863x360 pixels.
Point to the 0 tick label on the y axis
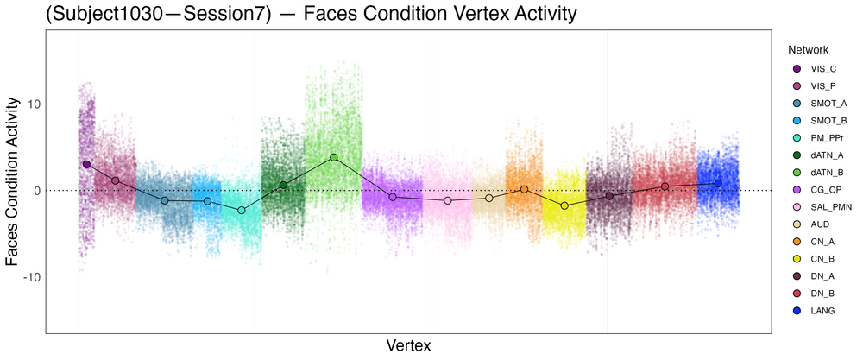point(33,190)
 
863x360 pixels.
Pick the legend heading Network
point(803,50)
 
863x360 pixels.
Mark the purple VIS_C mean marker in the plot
point(86,164)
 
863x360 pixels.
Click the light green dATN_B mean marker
point(334,157)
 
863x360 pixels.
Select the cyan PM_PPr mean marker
point(242,210)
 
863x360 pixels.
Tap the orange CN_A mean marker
point(524,189)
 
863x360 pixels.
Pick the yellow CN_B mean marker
point(564,205)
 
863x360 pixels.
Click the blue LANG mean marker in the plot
point(718,183)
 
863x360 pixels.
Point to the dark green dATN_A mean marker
point(283,185)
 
